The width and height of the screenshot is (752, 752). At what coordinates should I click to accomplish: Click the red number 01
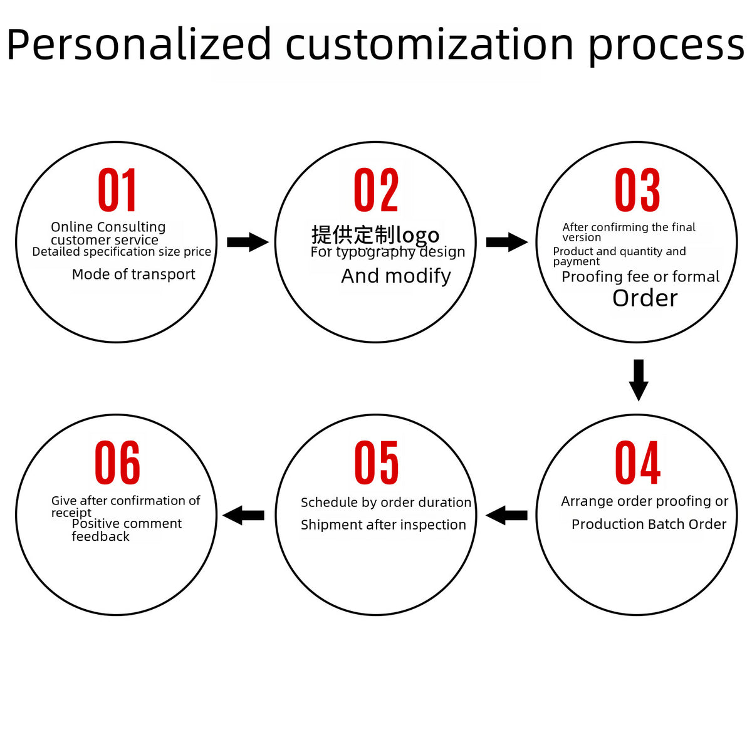click(117, 190)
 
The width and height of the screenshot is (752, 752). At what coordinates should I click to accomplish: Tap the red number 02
click(376, 190)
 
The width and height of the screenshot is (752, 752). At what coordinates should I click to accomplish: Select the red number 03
click(637, 190)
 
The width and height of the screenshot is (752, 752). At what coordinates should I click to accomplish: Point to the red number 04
click(638, 462)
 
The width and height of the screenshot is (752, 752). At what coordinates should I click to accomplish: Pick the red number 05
click(376, 462)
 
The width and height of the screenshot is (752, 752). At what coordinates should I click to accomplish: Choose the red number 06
click(117, 462)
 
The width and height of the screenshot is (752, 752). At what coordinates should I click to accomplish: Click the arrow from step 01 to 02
click(248, 242)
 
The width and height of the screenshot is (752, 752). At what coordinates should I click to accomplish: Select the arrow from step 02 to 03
click(507, 242)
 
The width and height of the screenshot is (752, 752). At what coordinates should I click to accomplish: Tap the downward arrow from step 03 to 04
click(639, 380)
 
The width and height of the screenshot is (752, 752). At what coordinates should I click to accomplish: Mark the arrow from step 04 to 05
click(506, 515)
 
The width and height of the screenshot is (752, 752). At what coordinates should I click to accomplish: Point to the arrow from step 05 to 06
click(244, 515)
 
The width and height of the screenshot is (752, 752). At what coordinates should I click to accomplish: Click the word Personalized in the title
click(139, 45)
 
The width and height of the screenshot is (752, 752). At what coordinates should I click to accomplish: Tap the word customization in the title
click(430, 44)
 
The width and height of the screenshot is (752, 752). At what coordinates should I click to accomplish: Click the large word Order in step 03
click(645, 298)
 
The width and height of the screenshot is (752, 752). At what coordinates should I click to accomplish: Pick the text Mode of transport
click(133, 274)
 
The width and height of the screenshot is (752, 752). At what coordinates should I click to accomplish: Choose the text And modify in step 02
click(396, 276)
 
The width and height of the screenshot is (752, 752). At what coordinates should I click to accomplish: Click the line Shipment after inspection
click(384, 525)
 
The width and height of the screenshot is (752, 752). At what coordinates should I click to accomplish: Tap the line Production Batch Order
click(649, 524)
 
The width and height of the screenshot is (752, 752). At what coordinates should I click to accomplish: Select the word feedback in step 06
click(100, 536)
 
